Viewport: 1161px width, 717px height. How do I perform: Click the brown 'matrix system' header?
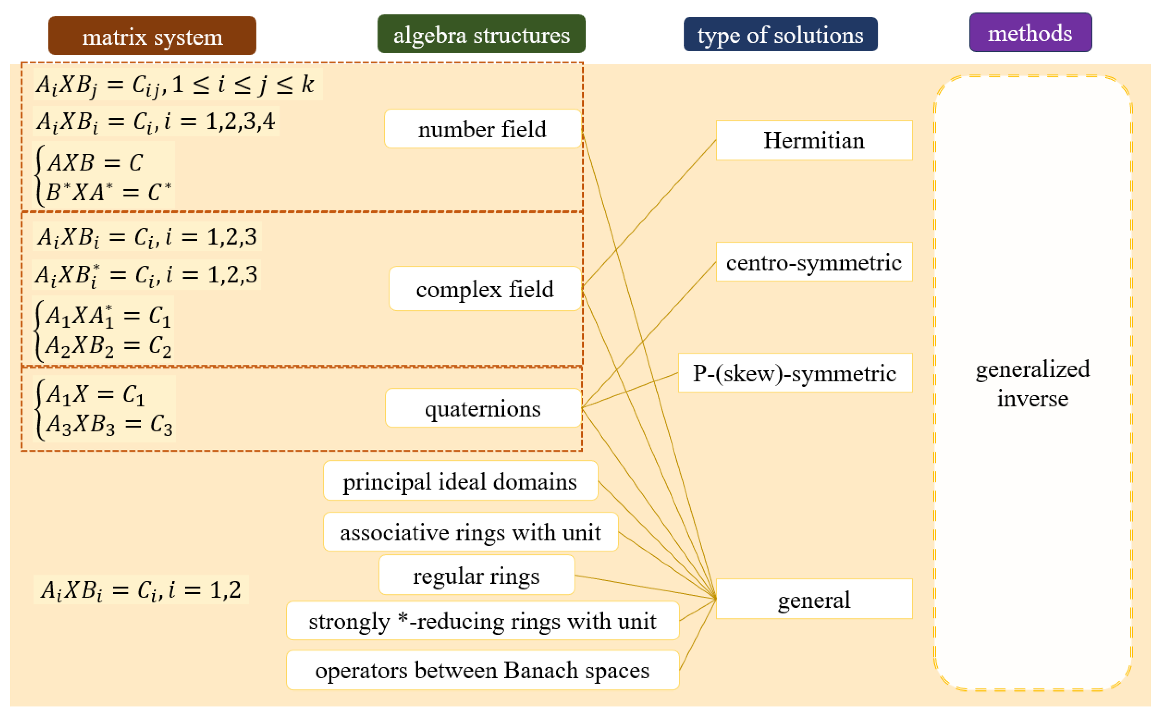[x=152, y=36]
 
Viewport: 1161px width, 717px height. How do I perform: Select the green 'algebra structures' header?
[x=481, y=34]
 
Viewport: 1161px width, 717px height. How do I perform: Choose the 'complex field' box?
[x=485, y=289]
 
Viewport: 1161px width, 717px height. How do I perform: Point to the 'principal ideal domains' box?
[x=460, y=481]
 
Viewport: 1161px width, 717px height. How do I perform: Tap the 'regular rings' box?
[x=476, y=576]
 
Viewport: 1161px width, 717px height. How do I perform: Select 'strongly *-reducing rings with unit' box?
[x=482, y=621]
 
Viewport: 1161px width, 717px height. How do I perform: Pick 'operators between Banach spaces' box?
[x=482, y=670]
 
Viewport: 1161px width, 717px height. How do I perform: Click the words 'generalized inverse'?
[x=1032, y=384]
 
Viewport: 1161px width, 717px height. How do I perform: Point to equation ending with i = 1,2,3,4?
[x=156, y=121]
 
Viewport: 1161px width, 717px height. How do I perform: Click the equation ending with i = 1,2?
[x=141, y=590]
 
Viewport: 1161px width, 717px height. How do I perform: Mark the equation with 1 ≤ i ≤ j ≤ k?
[x=175, y=85]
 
